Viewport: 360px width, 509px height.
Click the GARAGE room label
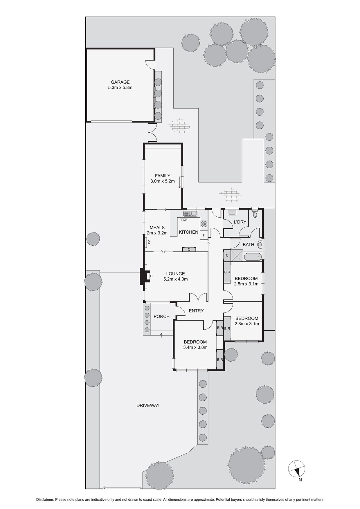[120, 82]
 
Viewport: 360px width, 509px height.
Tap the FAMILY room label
[162, 176]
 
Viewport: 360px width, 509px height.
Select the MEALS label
[157, 228]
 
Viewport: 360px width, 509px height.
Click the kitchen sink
[190, 214]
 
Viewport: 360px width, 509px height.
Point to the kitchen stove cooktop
[204, 224]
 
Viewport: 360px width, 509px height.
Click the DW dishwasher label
[184, 220]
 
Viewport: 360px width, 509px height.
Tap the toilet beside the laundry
[255, 214]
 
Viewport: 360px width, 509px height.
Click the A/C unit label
[149, 243]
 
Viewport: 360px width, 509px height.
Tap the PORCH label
[161, 316]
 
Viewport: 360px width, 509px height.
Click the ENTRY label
[196, 311]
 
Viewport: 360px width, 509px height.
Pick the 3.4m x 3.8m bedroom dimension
[195, 347]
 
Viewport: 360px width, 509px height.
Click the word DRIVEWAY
[148, 405]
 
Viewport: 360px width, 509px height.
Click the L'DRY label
[240, 222]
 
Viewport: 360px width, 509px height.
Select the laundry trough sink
[232, 212]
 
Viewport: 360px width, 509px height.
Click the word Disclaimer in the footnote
[45, 500]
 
